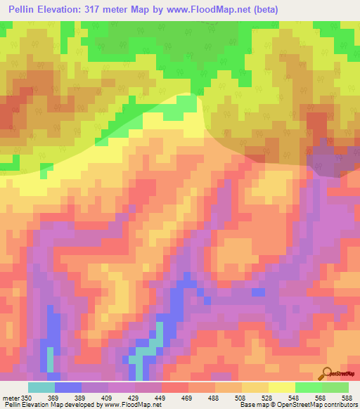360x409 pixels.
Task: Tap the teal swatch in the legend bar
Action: pos(41,387)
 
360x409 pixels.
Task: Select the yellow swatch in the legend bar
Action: pos(281,387)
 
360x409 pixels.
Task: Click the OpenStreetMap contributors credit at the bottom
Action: pos(320,405)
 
